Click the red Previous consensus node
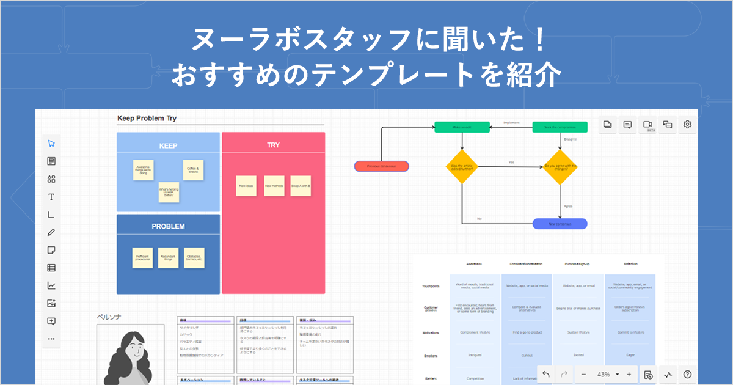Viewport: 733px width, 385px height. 381,166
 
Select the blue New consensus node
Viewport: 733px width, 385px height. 560,224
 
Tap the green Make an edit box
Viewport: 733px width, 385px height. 462,127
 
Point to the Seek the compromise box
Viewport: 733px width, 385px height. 560,127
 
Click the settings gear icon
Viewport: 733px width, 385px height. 687,125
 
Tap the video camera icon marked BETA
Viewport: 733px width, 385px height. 647,125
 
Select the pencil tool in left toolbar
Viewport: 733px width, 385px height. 51,232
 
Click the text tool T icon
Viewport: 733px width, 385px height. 51,197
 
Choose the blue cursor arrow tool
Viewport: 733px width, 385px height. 51,143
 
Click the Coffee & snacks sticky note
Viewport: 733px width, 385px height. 193,170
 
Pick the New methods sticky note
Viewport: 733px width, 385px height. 274,186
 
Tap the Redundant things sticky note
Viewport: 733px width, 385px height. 169,258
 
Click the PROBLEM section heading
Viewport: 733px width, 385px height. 168,226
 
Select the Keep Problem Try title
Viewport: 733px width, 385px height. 147,118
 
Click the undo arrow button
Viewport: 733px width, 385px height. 546,374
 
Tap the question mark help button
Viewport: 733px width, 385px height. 687,374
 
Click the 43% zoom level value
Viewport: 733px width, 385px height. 604,374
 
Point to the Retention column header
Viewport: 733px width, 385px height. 630,264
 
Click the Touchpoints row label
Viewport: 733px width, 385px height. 431,286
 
